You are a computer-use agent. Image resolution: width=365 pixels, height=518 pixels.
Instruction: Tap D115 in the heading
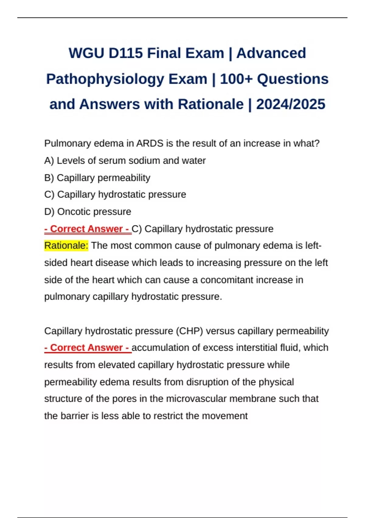125,53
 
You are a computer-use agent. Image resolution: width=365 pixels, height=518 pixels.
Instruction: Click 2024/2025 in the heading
290,105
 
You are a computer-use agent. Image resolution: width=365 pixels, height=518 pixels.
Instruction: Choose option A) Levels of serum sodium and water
125,161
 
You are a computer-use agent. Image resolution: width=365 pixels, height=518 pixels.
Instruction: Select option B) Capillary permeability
97,178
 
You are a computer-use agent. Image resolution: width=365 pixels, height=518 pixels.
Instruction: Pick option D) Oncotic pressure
88,211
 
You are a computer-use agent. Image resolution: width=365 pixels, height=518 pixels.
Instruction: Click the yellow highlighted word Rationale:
66,245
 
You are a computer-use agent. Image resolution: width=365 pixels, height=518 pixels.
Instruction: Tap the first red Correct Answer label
88,229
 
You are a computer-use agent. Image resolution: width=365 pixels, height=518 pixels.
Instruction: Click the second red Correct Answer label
88,348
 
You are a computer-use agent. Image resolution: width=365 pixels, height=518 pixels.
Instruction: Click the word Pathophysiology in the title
105,79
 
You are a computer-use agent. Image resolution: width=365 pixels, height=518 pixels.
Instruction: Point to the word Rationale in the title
211,105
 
